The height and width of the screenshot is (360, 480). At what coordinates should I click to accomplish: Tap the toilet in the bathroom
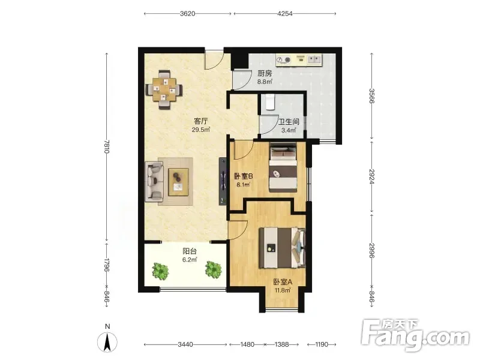click(270, 101)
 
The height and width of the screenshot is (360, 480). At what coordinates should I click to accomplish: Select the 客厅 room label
click(200, 121)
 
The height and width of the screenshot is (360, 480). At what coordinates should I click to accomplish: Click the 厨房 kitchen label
click(265, 74)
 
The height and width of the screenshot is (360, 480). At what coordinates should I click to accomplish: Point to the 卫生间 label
click(289, 122)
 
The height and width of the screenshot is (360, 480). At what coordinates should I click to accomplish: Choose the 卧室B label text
click(244, 176)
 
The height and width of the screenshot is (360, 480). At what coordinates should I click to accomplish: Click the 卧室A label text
click(283, 282)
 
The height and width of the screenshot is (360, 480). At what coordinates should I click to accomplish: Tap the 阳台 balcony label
click(190, 251)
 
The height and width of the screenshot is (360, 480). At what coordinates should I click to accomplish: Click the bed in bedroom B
click(283, 169)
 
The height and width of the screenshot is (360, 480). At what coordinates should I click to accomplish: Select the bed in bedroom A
click(282, 248)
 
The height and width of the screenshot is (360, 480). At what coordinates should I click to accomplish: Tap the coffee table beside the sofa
click(178, 182)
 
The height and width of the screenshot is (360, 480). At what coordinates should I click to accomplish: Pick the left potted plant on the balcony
click(160, 271)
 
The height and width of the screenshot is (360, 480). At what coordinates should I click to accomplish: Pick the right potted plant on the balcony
click(214, 269)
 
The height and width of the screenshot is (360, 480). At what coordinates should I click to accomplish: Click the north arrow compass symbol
click(107, 341)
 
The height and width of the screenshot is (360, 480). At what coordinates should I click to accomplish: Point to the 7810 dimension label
click(106, 147)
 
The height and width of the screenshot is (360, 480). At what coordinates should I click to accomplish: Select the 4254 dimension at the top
click(284, 13)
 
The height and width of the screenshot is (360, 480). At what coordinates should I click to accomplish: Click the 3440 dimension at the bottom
click(185, 344)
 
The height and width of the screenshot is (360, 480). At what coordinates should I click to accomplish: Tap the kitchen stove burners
click(283, 60)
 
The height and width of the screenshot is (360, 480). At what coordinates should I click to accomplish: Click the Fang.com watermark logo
click(415, 336)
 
